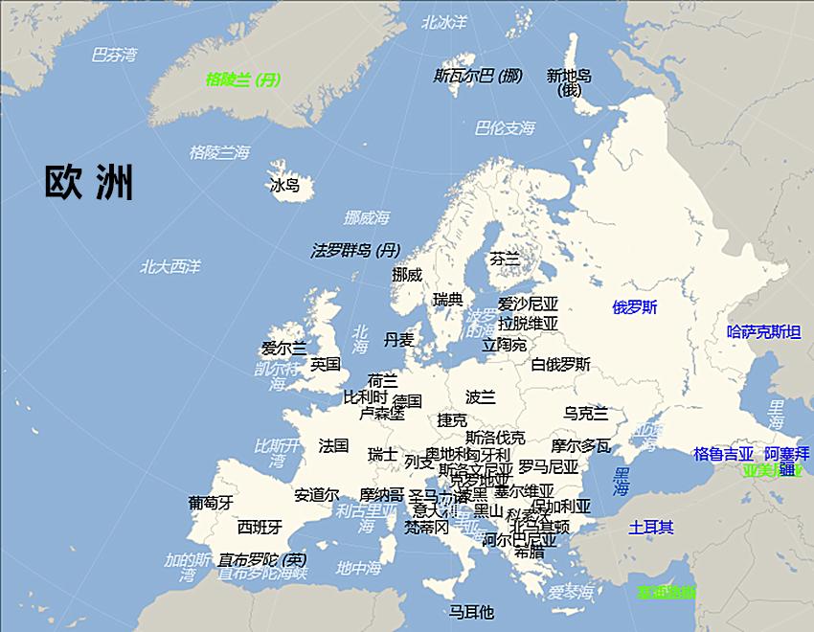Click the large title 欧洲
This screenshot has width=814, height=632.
coord(89,182)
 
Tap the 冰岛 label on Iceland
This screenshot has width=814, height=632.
coord(285,185)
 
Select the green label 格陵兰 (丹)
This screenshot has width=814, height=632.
coord(243,79)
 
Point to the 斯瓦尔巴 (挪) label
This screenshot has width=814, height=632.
coord(478,76)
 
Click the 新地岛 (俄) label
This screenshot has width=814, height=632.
coord(569,82)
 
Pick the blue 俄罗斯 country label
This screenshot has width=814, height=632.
coord(635,307)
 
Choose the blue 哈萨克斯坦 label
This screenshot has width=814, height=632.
coord(763,332)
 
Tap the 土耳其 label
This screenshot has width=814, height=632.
coord(651,527)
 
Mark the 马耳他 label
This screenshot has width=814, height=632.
coord(471,612)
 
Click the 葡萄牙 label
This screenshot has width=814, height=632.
coord(211,502)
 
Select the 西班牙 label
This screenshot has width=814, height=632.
coord(260,527)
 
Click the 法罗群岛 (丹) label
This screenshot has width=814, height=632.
coord(355,251)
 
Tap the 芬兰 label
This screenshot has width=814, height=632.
coord(504,259)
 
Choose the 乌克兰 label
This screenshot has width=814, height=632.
coord(585,413)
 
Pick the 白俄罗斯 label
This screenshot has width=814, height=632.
coord(561,364)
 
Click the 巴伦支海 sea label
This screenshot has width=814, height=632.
coord(505,128)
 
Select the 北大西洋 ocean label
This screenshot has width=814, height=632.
coord(170,266)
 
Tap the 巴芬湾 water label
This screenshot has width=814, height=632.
coord(114,55)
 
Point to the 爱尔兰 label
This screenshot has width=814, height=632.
coord(284,349)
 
